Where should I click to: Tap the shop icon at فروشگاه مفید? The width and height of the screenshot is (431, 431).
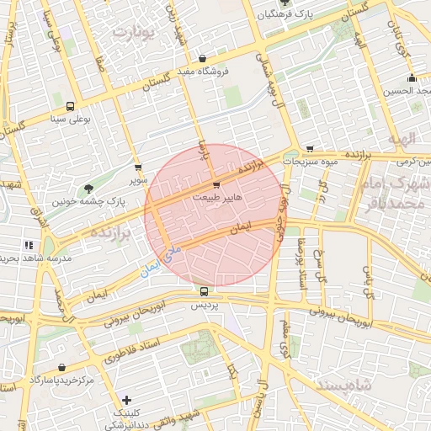(202, 58)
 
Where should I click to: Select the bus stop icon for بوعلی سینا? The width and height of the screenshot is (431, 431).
(69, 107)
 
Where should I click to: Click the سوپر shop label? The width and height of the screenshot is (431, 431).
(137, 180)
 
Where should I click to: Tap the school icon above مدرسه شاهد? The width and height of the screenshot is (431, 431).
(29, 244)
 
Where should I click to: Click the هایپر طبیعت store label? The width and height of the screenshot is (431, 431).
(217, 196)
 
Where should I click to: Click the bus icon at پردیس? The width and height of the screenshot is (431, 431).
(204, 291)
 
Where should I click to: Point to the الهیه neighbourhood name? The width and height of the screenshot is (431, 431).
(407, 136)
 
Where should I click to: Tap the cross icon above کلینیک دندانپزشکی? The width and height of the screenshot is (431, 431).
(126, 400)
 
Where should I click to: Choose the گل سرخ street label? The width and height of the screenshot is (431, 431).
(320, 264)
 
